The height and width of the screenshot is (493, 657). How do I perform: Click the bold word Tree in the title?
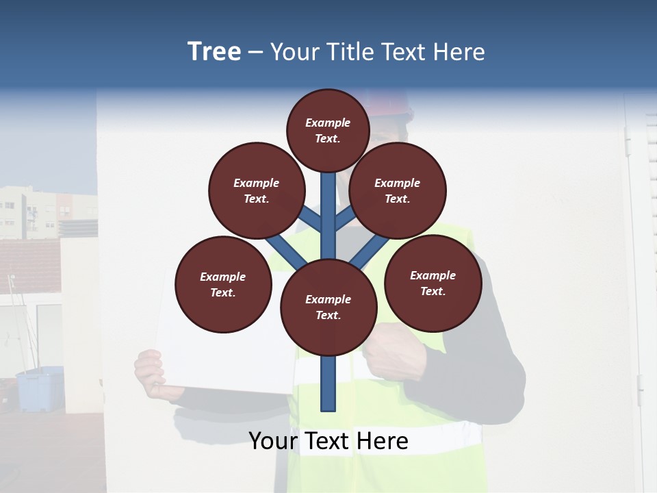214,52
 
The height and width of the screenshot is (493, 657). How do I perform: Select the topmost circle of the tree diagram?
328,130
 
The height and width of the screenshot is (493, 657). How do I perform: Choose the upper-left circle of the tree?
257,190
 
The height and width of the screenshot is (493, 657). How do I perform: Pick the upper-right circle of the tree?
398,190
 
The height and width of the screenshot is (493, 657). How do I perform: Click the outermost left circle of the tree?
223,284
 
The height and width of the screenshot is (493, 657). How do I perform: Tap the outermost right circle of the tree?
433,283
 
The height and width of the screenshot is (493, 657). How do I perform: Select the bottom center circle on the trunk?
328,307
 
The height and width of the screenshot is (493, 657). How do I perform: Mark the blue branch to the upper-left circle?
311,218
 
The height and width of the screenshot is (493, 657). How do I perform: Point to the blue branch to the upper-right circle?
344,219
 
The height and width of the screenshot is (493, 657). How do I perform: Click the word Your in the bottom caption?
273,441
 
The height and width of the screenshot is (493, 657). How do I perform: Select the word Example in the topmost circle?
328,123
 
